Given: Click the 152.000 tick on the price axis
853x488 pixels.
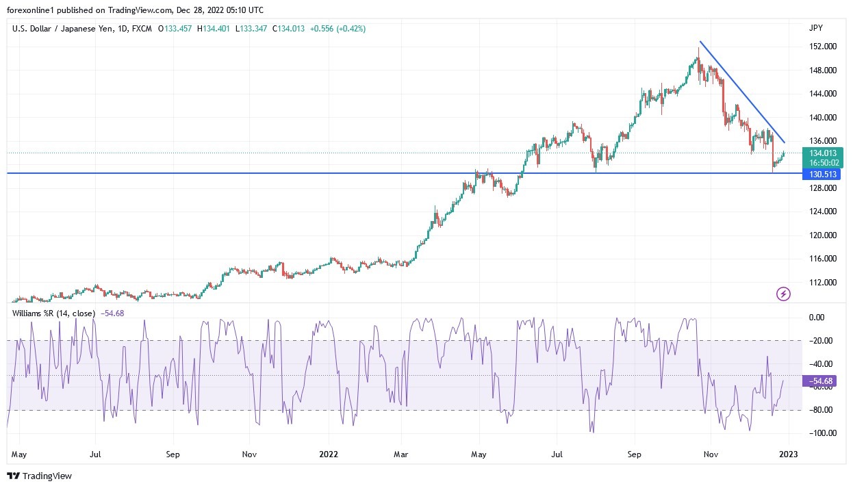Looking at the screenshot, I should point(822,47).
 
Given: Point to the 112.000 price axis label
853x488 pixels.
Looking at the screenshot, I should point(822,282).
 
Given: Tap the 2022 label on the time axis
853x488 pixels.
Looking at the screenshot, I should point(329,454).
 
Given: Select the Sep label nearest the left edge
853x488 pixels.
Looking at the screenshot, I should point(173,454).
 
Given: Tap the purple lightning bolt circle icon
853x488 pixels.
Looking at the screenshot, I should point(784,294).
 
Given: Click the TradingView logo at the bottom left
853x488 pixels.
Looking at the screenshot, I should point(40,476).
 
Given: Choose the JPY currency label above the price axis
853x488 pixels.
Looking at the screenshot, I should point(815,28).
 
